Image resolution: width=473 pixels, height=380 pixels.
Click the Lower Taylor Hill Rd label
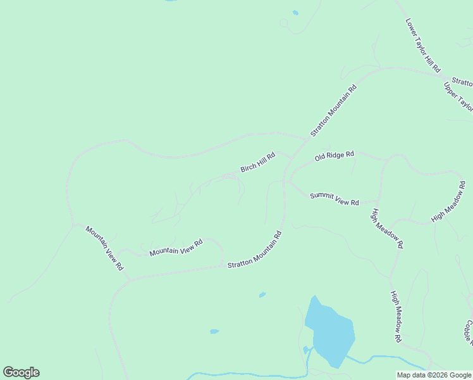pyautogui.click(x=423, y=44)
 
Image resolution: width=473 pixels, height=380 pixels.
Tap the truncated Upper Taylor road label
pyautogui.click(x=458, y=96)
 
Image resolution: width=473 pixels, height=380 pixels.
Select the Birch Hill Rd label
pyautogui.click(x=258, y=162)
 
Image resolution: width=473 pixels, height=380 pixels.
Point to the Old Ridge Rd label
pyautogui.click(x=335, y=156)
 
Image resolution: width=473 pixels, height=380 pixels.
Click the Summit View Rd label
pyautogui.click(x=335, y=199)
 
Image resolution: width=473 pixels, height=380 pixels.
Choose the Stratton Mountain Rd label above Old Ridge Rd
pyautogui.click(x=334, y=110)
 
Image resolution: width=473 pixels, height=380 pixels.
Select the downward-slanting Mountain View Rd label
pyautogui.click(x=105, y=248)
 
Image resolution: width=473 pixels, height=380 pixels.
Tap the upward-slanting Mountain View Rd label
pyautogui.click(x=176, y=248)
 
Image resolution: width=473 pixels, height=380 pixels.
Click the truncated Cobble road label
pyautogui.click(x=469, y=332)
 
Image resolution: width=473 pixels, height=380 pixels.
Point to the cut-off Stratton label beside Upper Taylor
pyautogui.click(x=463, y=83)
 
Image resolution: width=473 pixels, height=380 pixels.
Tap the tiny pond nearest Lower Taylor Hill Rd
pyautogui.click(x=295, y=12)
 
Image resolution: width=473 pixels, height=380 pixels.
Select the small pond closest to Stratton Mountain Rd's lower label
pyautogui.click(x=262, y=294)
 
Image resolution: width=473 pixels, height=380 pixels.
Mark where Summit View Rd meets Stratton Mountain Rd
pyautogui.click(x=287, y=182)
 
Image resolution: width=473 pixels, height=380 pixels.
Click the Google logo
pyautogui.click(x=21, y=372)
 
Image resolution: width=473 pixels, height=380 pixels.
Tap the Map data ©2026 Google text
pyautogui.click(x=434, y=375)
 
